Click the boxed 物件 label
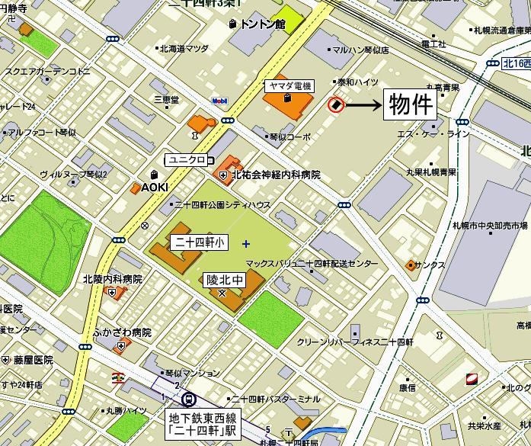(412, 104)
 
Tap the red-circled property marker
(335, 104)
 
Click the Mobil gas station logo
(219, 101)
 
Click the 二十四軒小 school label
(197, 242)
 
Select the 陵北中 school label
(226, 280)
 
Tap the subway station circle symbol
(188, 398)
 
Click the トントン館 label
(261, 24)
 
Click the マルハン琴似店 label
(361, 50)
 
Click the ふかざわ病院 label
(121, 332)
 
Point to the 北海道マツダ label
(183, 49)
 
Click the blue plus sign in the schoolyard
(245, 244)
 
